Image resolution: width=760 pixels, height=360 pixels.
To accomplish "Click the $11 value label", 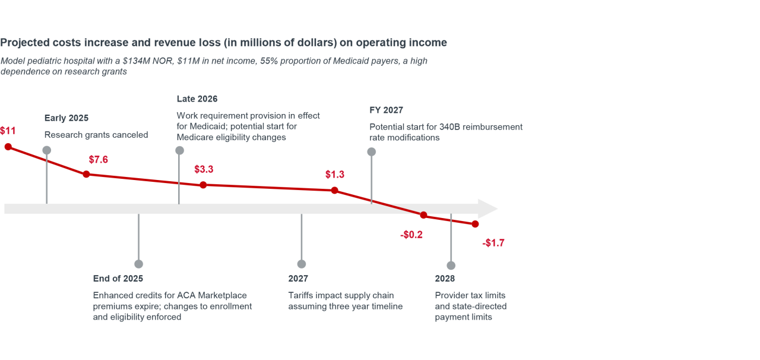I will coord(8,131).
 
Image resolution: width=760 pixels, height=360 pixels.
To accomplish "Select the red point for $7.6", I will coord(86,174).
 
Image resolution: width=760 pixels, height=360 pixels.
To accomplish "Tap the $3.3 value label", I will coord(204,169).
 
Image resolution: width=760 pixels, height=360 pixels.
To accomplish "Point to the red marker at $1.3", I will coord(334,190).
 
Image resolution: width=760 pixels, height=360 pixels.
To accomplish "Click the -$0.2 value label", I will coord(411,235).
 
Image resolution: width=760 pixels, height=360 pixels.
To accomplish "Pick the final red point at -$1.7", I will coord(475,224).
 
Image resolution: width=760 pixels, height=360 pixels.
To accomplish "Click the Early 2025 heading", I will coord(66,118).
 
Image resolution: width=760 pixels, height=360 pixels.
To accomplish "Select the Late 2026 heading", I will coord(197,99).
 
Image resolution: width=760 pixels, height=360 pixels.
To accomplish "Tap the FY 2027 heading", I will coord(386,110).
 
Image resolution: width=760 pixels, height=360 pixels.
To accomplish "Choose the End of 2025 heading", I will coord(118,279).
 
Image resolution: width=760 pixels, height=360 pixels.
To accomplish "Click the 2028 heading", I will coord(445,279).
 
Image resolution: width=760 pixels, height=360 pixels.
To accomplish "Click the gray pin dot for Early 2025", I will coord(47,150).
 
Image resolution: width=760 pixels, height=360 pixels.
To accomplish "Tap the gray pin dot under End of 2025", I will coord(138,264).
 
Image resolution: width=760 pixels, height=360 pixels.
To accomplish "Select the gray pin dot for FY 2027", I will coord(372,151).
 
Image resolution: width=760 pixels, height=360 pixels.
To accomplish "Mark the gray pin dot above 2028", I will coord(451,266).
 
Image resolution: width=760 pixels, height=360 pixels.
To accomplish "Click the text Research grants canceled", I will coord(96,135).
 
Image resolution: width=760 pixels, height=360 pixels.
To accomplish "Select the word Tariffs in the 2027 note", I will coord(302,295).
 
